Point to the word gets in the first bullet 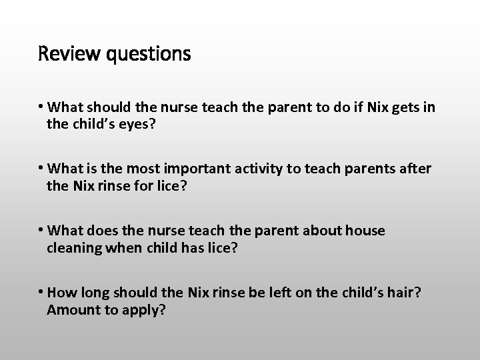400,107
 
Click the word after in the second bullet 414,169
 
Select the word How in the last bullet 62,292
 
